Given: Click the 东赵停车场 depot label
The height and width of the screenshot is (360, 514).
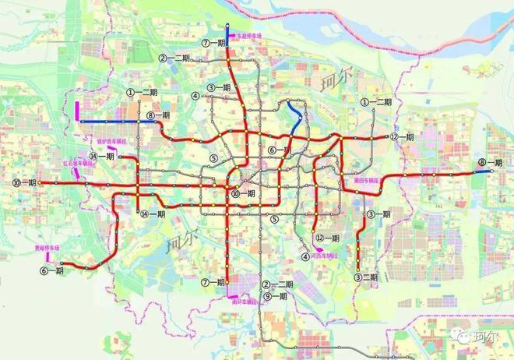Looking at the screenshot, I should pyautogui.click(x=248, y=37).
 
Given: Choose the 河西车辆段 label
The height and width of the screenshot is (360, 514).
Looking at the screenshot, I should pyautogui.click(x=324, y=255).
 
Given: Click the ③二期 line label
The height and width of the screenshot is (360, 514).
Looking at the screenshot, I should pyautogui.click(x=365, y=277).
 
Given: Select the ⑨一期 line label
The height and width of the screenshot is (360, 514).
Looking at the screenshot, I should pyautogui.click(x=275, y=296).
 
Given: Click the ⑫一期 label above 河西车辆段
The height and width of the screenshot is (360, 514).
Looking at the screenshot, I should pyautogui.click(x=326, y=238).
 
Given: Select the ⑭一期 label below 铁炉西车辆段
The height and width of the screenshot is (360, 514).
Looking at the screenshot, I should pyautogui.click(x=103, y=156).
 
